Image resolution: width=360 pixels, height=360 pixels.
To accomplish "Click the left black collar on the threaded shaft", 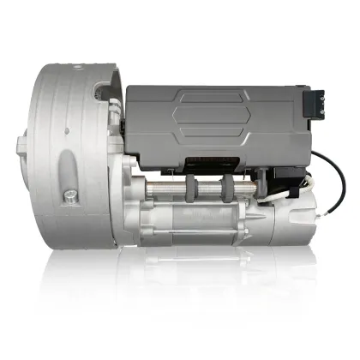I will (202, 187).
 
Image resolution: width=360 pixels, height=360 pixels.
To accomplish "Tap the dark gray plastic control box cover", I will (206, 120).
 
